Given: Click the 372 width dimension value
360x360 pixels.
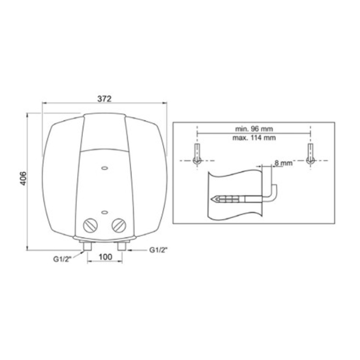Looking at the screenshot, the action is [104, 99].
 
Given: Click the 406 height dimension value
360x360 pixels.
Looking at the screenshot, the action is [23, 179].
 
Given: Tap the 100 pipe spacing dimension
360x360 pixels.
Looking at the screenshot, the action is [105, 257].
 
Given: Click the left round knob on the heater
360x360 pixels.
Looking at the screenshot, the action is [90, 225].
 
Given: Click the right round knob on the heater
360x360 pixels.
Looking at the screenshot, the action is [119, 225].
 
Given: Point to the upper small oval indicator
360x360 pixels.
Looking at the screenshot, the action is [105, 168].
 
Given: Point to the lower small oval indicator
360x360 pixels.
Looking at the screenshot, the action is [105, 212].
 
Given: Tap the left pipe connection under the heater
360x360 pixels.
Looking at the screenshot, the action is [87, 246].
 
